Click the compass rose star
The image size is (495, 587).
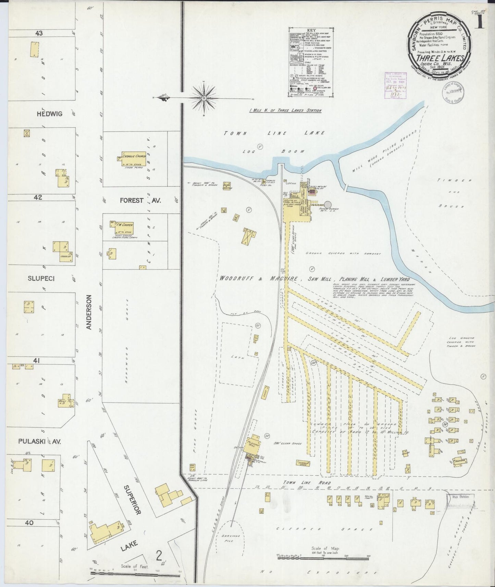(204, 98)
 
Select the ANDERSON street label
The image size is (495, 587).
(89, 312)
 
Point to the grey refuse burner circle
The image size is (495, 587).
(328, 205)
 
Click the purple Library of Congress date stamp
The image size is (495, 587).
(396, 86)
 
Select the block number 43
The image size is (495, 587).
(39, 33)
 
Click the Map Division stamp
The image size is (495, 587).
(460, 497)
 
